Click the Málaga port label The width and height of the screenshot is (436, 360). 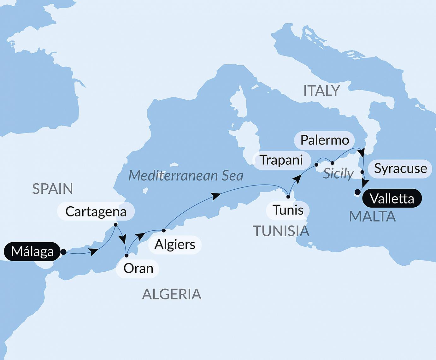tap(32, 251)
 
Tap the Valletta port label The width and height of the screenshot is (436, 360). tap(392, 198)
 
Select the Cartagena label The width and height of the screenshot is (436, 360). tap(96, 211)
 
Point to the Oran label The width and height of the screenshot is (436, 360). tap(138, 269)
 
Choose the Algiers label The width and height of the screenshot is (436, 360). tap(175, 245)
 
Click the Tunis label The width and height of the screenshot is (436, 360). tap(288, 210)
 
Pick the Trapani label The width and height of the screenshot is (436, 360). tap(281, 160)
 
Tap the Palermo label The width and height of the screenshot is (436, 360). tap(325, 140)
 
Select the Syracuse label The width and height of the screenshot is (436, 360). tap(400, 168)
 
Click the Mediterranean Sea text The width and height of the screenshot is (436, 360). tap(186, 176)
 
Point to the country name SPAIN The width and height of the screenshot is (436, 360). tap(53, 189)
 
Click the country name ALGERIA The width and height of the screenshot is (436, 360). tap(172, 294)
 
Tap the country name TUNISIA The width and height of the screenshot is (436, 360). tap(281, 231)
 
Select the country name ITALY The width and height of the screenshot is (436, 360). tap(321, 91)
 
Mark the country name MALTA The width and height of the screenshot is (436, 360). tap(372, 216)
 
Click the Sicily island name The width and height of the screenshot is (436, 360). tap(338, 174)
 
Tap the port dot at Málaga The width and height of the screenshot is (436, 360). tap(63, 252)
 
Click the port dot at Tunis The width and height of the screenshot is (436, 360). tap(288, 197)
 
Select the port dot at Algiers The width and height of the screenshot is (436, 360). tap(164, 231)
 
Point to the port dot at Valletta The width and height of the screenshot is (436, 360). tap(357, 192)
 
